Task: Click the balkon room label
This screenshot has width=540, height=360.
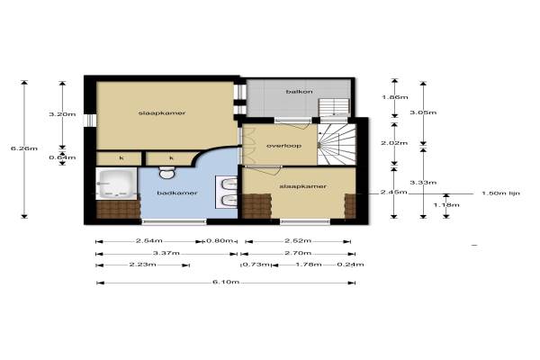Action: [300, 92]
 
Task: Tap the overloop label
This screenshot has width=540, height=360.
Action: [283, 146]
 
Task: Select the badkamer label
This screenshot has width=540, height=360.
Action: [177, 193]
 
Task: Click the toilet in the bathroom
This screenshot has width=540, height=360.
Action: [167, 172]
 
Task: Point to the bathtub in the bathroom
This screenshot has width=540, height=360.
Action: [117, 184]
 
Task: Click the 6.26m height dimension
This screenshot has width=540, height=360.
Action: [24, 148]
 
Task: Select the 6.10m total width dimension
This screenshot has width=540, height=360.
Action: [226, 282]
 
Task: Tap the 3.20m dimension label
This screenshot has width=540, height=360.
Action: [62, 114]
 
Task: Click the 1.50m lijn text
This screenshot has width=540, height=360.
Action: [500, 193]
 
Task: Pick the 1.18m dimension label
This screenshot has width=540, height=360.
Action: [446, 205]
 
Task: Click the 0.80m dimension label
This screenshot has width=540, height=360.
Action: [220, 240]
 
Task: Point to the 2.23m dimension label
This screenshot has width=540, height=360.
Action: [142, 265]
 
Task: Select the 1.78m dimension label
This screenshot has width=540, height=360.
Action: [309, 265]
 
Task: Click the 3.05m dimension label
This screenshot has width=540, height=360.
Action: [423, 112]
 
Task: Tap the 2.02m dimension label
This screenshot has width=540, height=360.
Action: [394, 143]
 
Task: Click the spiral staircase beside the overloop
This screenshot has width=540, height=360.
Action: [337, 145]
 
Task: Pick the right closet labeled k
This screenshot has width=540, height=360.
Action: [170, 158]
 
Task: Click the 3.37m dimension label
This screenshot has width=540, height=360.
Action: [166, 253]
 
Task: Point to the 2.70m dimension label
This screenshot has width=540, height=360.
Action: [298, 253]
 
